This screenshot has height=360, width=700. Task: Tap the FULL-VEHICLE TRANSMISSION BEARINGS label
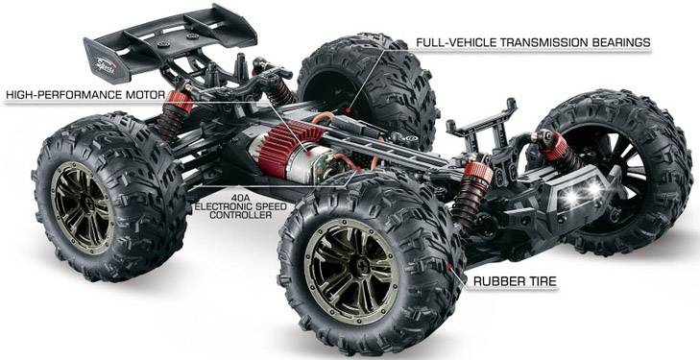(533, 43)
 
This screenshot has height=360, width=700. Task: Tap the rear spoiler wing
(168, 43)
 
